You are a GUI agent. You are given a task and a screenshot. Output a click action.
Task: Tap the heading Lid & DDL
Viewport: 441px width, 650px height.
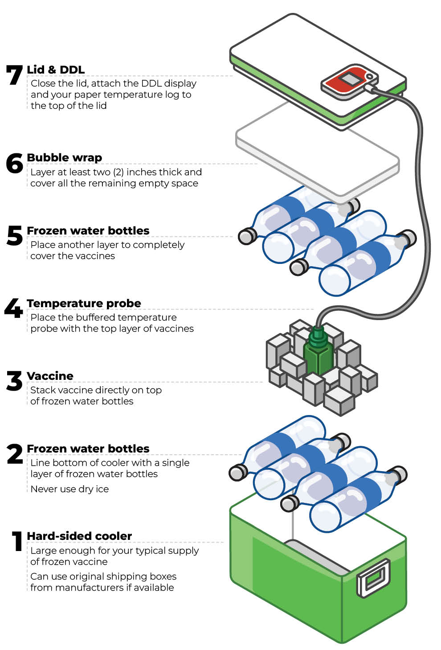coord(56,70)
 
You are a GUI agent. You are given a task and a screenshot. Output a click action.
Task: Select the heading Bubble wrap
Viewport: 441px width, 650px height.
coord(65,157)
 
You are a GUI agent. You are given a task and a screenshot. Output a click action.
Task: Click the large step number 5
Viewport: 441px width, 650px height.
coord(14,235)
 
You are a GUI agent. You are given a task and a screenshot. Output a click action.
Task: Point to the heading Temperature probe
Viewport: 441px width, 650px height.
coord(84,303)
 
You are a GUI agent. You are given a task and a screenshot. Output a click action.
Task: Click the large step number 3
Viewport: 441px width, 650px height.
coord(14,381)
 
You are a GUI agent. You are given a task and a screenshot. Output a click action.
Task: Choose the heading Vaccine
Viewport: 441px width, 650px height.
coord(50,376)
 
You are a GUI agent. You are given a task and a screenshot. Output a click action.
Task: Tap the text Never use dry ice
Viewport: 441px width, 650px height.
coord(69,489)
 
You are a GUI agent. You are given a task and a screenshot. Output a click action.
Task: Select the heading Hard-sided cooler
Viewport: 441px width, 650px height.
coord(79,536)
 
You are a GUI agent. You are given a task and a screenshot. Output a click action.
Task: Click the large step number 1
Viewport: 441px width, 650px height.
coord(17,541)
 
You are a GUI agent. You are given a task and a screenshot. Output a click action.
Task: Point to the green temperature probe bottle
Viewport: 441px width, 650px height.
coord(318,354)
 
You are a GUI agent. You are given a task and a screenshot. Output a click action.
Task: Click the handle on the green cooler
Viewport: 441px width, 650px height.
coord(373,578)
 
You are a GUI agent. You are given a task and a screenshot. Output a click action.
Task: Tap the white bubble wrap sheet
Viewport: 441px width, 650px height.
coord(317,152)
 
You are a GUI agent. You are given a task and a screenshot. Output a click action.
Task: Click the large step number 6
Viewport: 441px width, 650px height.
coord(14,163)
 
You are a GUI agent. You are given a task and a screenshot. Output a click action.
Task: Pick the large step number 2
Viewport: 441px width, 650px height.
coord(14,454)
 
